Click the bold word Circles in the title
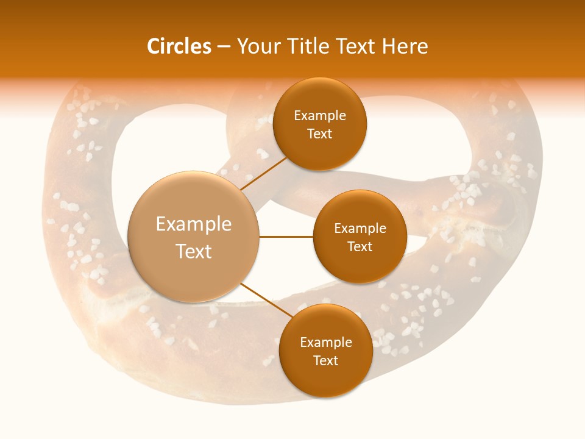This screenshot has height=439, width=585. [179, 46]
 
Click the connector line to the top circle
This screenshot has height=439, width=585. [263, 173]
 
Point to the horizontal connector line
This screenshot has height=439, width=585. [286, 237]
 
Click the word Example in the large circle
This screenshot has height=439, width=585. [194, 224]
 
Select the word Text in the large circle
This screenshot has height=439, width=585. [194, 251]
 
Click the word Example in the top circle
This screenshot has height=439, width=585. [320, 116]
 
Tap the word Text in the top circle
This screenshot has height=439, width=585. [320, 134]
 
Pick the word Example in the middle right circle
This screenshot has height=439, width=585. [360, 229]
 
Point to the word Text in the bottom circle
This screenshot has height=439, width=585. [325, 361]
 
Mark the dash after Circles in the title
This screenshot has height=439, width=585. [224, 47]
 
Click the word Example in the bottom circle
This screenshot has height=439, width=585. [325, 343]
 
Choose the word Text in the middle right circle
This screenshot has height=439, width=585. [360, 247]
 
